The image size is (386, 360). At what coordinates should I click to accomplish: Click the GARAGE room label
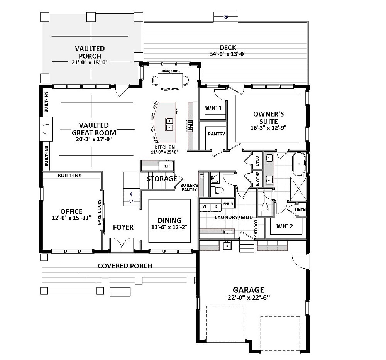point(248,290)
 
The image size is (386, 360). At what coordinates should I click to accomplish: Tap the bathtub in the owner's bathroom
point(299,164)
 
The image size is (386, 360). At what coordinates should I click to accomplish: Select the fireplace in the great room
point(46,129)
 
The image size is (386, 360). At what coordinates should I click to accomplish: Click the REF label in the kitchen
point(166,166)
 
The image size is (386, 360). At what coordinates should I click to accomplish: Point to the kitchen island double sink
point(169,124)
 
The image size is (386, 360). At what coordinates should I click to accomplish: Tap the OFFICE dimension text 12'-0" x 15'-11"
point(71,218)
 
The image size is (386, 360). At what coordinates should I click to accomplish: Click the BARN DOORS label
point(100,212)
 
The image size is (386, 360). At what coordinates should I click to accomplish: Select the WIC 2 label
point(284,226)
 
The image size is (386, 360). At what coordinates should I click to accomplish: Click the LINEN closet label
point(300,210)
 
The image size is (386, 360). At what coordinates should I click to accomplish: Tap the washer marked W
point(204,207)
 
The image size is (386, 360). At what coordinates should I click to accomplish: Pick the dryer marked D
point(216,207)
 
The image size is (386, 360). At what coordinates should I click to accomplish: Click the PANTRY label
point(217,134)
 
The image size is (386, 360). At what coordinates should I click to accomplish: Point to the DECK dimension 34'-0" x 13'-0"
point(228,54)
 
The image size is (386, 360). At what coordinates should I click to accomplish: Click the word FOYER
point(124,227)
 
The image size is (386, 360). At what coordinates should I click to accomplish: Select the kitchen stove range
point(190,126)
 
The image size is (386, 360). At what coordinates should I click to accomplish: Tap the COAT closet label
point(257,161)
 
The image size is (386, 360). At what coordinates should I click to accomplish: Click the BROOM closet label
point(257,178)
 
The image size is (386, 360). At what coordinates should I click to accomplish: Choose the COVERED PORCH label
point(125,266)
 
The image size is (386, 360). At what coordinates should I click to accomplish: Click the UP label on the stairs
point(132,201)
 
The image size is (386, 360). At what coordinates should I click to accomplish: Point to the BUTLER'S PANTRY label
point(189,188)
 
